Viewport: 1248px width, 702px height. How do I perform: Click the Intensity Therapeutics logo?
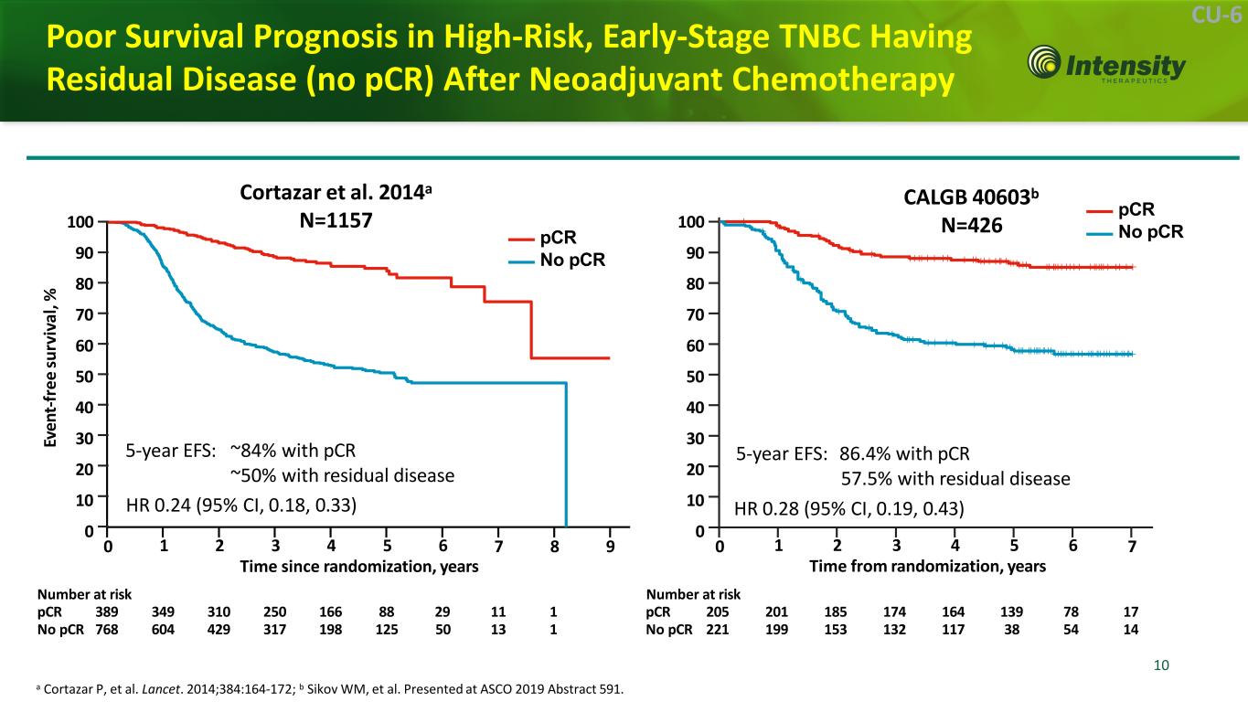(x=1107, y=65)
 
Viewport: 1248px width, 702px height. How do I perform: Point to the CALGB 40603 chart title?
(x=973, y=210)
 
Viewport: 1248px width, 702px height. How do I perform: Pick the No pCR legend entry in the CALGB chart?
(x=1150, y=232)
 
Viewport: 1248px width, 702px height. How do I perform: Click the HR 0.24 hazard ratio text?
(x=240, y=504)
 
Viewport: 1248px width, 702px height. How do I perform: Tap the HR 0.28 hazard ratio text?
(x=849, y=507)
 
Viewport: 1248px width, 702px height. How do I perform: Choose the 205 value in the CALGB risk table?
(x=718, y=612)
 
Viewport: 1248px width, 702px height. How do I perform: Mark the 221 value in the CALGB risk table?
(x=718, y=630)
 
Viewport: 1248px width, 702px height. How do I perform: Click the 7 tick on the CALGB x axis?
(x=1133, y=548)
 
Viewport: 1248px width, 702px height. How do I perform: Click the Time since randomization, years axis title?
(x=358, y=567)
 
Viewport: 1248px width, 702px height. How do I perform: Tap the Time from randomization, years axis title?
(x=927, y=567)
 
